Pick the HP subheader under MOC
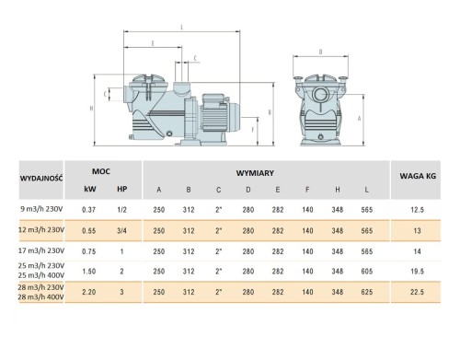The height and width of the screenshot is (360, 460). tap(123, 190)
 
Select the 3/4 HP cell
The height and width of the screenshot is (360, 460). tap(123, 229)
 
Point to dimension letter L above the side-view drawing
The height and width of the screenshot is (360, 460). tap(182, 29)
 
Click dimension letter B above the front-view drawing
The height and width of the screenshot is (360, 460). tap(319, 52)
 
